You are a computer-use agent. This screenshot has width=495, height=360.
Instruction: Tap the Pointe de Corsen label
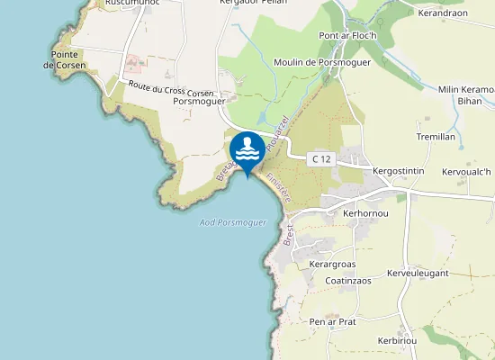[68, 60]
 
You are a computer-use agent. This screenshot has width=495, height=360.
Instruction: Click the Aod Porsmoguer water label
[232, 222]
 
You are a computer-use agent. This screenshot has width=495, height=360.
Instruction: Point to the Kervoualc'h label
[466, 172]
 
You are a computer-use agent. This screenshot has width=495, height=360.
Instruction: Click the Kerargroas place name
[332, 265]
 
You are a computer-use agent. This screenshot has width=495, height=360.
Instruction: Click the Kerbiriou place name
[402, 343]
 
